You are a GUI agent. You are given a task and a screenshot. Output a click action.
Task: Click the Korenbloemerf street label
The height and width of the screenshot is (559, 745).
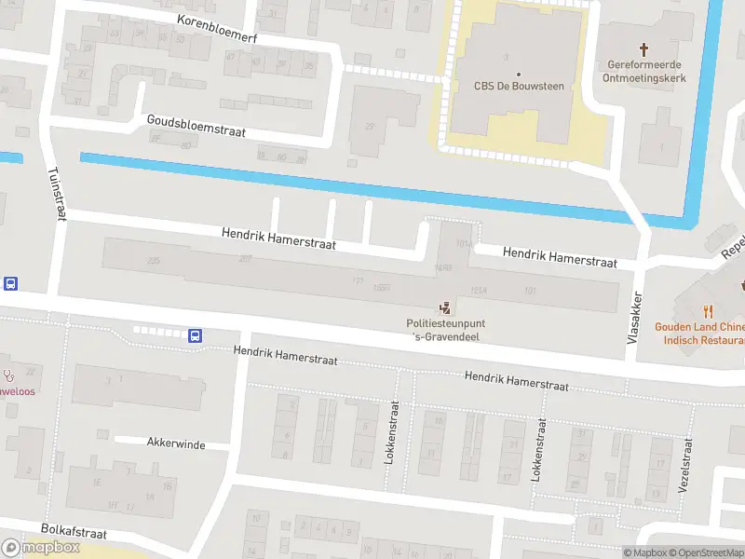216,29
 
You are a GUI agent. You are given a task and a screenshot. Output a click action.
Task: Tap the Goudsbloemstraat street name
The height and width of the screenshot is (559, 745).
196,126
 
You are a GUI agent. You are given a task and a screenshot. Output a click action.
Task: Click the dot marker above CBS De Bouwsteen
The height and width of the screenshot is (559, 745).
518,73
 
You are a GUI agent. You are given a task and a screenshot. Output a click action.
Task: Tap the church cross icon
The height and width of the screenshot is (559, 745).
643,48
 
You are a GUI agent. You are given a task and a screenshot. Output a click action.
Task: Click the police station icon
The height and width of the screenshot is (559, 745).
446,307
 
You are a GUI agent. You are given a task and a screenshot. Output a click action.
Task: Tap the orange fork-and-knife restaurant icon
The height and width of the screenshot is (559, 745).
709,311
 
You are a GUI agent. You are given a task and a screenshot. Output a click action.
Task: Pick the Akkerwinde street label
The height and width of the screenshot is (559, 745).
175,443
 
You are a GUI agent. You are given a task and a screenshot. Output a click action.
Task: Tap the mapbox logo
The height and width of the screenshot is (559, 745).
41,547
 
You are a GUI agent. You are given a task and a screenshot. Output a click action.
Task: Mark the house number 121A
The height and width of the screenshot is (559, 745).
480,291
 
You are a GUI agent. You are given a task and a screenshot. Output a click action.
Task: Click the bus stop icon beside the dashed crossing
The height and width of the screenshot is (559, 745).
196,335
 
